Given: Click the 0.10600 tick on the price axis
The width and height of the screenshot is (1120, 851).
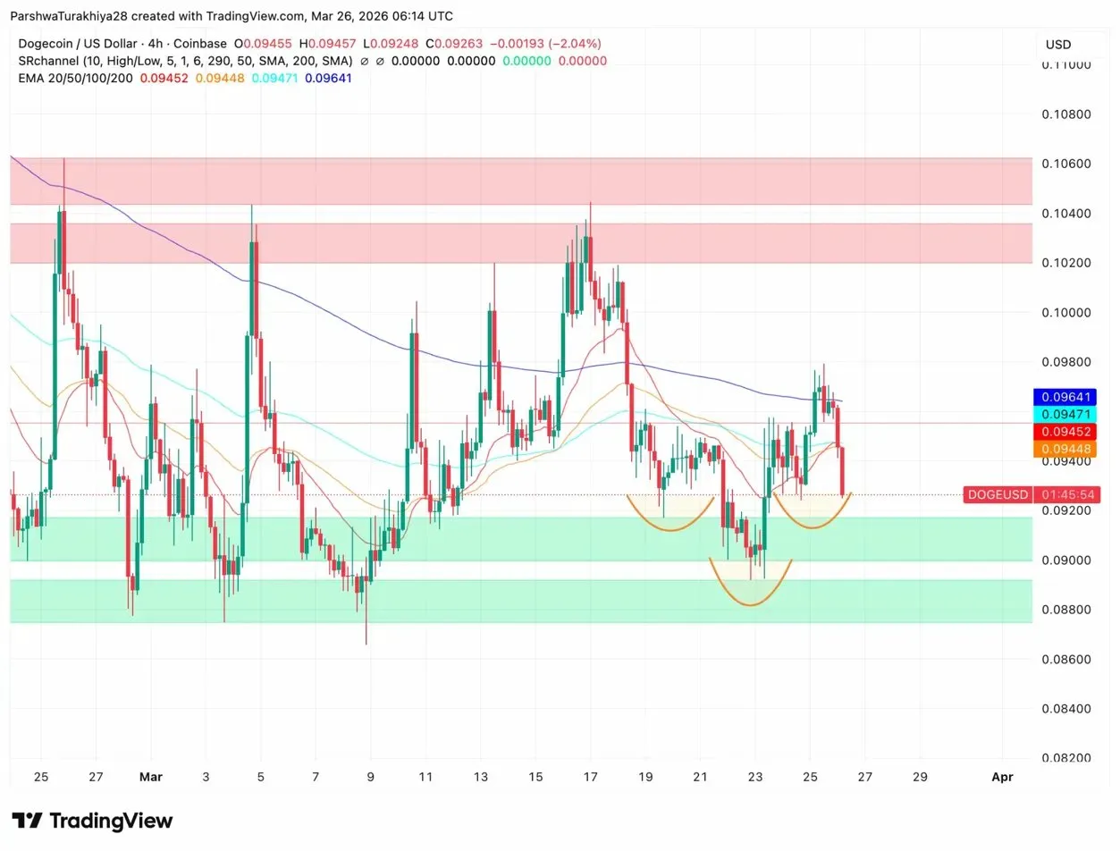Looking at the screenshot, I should point(1065,164).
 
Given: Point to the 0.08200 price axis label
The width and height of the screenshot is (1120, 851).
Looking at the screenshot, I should point(1065,758).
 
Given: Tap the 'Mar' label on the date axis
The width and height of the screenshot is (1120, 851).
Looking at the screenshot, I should point(150,777).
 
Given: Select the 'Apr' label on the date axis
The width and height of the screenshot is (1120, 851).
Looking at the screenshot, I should point(1002,777).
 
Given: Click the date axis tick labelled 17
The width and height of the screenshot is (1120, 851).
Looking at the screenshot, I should point(590,777).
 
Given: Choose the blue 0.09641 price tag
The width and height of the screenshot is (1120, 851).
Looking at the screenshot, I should point(1065,397).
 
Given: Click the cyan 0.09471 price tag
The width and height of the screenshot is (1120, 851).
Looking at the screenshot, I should point(1065,415).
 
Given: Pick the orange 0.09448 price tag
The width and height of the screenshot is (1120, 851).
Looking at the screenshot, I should point(1065,451).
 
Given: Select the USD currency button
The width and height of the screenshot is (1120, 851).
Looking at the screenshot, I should point(1058,45).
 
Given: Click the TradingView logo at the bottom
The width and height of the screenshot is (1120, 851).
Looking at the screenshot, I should point(93,821).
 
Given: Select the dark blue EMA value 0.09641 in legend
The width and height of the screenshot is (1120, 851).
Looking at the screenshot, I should point(328,78).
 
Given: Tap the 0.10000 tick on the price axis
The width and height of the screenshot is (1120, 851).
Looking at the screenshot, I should point(1065,312).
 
